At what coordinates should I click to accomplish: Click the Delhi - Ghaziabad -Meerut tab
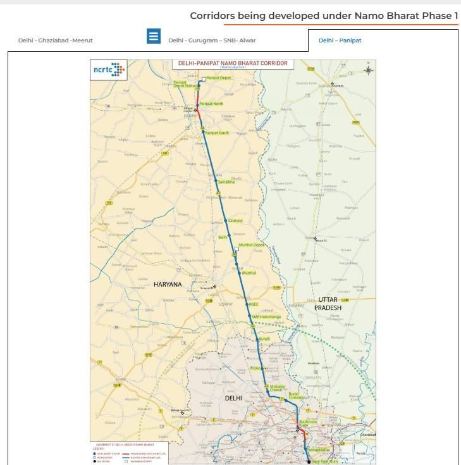tap(56, 40)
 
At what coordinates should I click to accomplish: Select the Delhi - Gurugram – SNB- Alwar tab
tap(212, 40)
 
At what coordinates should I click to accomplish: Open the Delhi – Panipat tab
tap(340, 40)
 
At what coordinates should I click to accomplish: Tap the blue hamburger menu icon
tap(154, 36)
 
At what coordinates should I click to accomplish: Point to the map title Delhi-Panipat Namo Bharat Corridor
tap(233, 64)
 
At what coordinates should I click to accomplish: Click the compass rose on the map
tap(368, 70)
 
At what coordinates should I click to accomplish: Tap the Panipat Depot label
tap(219, 78)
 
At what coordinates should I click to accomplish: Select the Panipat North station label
tap(211, 104)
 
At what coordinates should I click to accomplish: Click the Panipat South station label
tap(218, 133)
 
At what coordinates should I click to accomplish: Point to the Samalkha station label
tap(226, 182)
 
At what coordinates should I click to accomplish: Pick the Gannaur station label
tap(235, 221)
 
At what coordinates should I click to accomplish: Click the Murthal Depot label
tap(252, 245)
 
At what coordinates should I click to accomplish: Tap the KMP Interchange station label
tap(266, 317)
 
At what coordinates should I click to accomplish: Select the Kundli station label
tap(264, 340)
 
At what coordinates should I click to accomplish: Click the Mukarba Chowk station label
tap(278, 388)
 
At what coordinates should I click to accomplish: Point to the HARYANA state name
tap(168, 285)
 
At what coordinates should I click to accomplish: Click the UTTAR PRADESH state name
tap(328, 304)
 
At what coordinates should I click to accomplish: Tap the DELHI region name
tap(233, 398)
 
